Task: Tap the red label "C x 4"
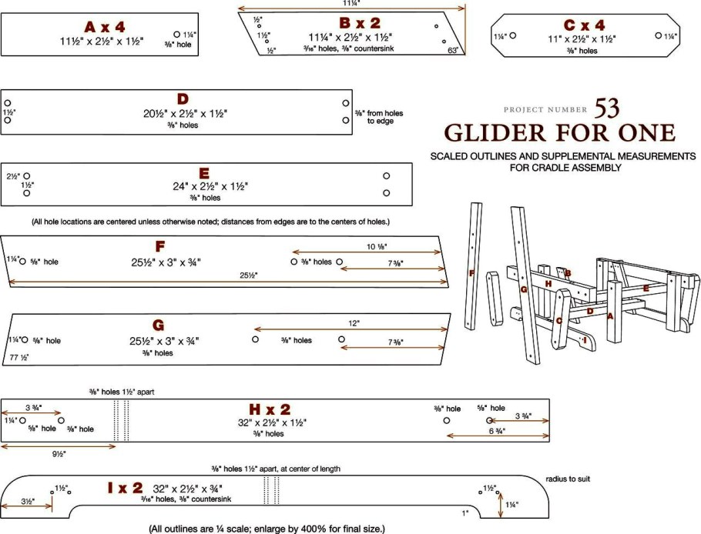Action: tap(583, 25)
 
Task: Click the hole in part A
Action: tap(176, 35)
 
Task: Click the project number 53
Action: tap(606, 108)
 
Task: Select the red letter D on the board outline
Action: tap(183, 99)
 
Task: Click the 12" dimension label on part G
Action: tap(353, 323)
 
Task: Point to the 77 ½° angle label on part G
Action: tap(19, 358)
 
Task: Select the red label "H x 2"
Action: tap(270, 409)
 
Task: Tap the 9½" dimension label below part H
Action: tap(59, 454)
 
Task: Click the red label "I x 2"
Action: tap(125, 488)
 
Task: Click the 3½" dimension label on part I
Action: tap(27, 502)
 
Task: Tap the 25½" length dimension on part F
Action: tap(247, 275)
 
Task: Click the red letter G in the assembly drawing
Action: tap(523, 289)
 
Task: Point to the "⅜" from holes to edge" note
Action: tap(378, 117)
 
